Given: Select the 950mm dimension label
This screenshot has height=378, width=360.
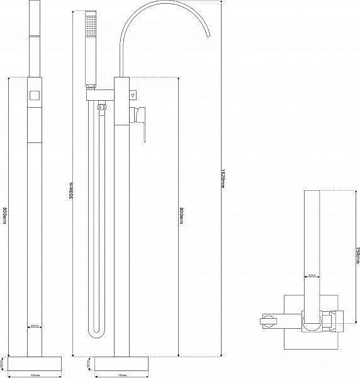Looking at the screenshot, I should [72, 191].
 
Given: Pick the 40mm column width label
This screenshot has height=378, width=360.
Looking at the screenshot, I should [35, 326].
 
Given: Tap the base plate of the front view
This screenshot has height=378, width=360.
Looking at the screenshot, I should [123, 363].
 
